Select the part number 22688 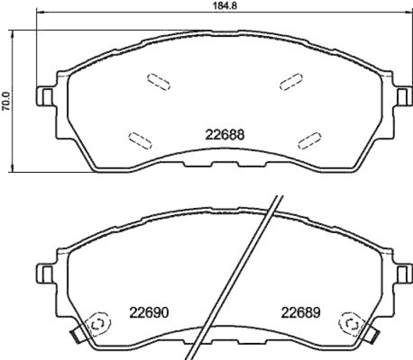tap(225, 135)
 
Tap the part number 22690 tap(150, 312)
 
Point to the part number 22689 tap(301, 312)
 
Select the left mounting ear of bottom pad tap(45, 272)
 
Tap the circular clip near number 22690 tap(98, 324)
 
